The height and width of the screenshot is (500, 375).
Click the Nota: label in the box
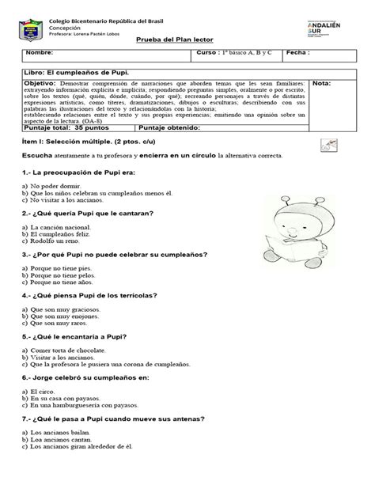point(323,83)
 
